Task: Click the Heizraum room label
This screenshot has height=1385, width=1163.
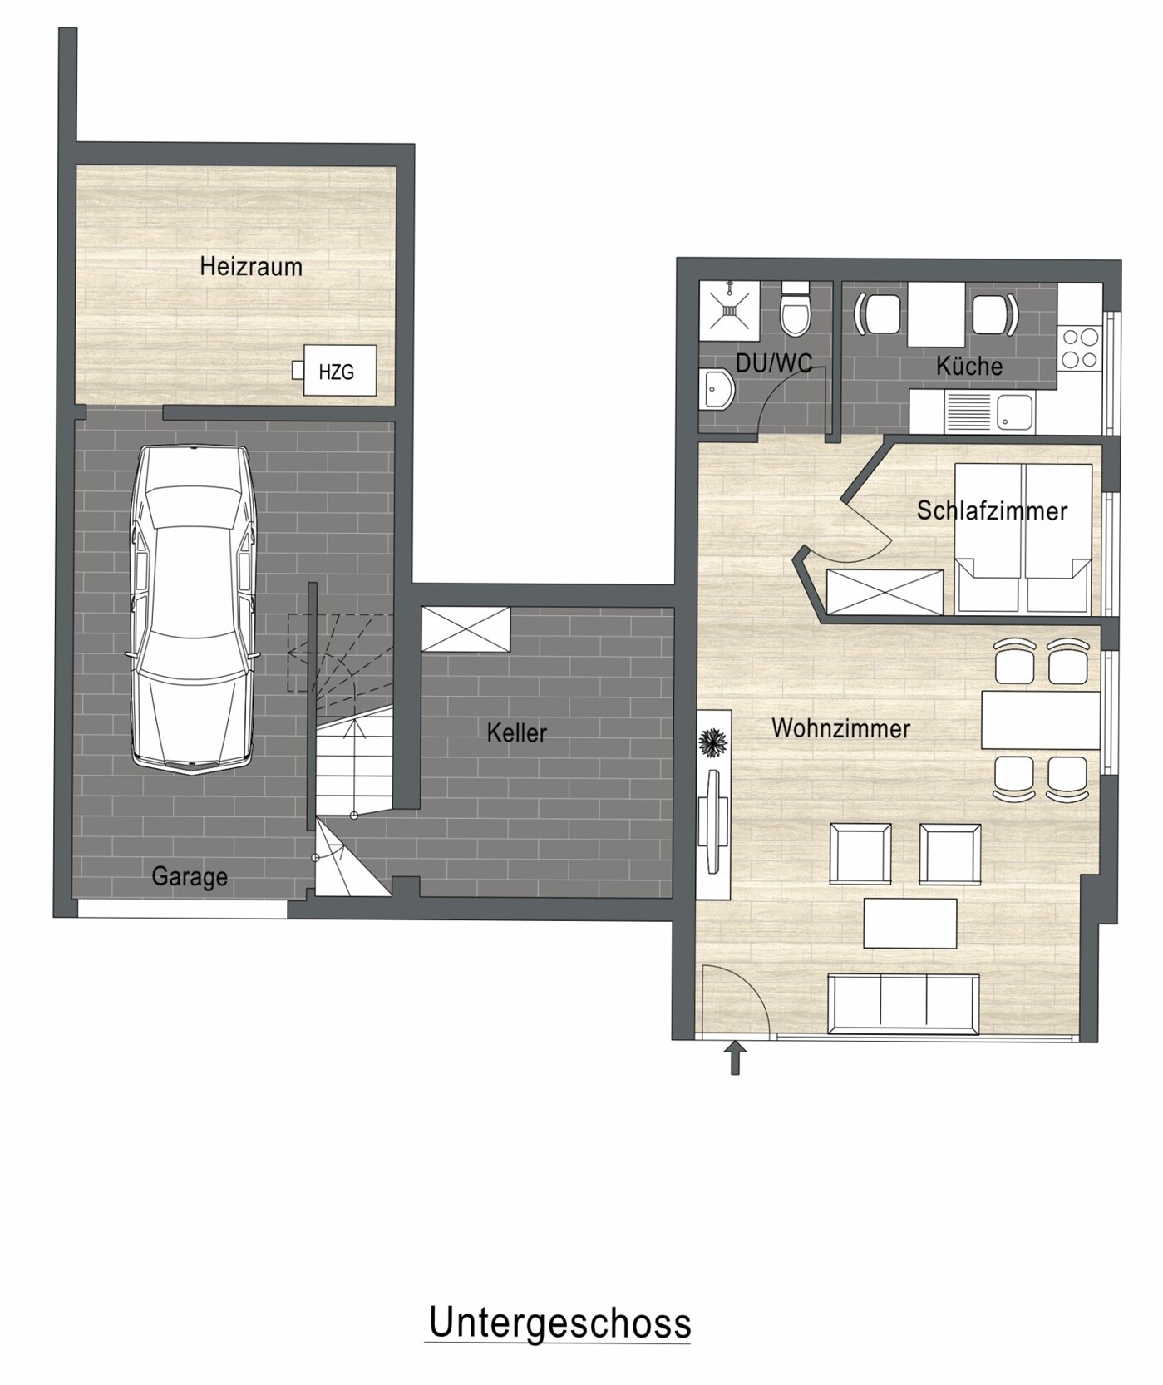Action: [x=251, y=267]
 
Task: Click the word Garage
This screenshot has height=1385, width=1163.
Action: [x=190, y=876]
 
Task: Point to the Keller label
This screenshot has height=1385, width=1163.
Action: [x=517, y=732]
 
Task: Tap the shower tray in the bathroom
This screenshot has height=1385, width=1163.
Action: [x=729, y=310]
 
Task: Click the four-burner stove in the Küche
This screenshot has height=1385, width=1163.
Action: [x=1080, y=348]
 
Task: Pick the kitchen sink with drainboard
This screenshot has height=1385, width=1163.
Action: [x=991, y=412]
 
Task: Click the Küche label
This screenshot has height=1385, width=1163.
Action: [x=968, y=366]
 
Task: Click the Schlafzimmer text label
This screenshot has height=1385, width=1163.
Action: [x=992, y=510]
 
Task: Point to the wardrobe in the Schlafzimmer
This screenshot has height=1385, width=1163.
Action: [x=885, y=592]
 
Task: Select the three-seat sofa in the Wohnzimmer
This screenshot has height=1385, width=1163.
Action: [x=904, y=1004]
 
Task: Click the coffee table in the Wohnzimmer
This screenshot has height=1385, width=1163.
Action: [x=910, y=923]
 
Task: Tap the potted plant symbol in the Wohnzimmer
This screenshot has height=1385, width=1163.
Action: [x=712, y=741]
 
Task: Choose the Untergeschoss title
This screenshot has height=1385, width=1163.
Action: [x=559, y=1323]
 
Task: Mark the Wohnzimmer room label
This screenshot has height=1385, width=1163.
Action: [x=841, y=728]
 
